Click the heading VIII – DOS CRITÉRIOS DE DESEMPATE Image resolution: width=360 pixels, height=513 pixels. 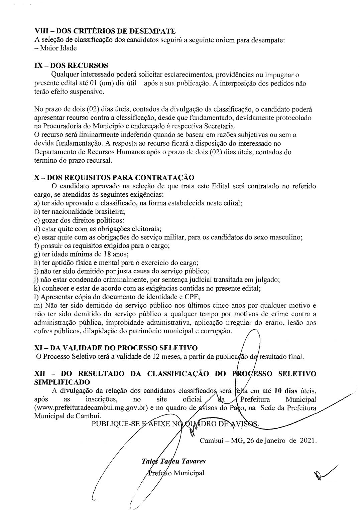[105, 31]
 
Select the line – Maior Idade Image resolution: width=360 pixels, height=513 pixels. [55, 48]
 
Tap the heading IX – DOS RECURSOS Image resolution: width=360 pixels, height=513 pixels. [71, 65]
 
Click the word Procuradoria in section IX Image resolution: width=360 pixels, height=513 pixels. [60, 126]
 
